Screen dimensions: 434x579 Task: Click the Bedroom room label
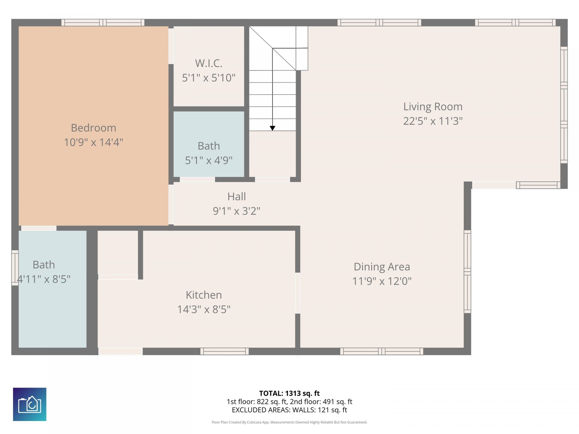pyautogui.click(x=93, y=128)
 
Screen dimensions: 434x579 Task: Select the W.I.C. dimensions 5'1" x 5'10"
pyautogui.click(x=209, y=78)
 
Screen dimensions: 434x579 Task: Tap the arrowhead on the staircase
pyautogui.click(x=272, y=128)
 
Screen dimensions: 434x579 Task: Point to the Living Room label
pyautogui.click(x=433, y=107)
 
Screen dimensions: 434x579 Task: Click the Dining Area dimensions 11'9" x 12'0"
pyautogui.click(x=382, y=281)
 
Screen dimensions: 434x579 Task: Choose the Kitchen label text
pyautogui.click(x=204, y=295)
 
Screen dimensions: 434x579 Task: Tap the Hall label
pyautogui.click(x=236, y=197)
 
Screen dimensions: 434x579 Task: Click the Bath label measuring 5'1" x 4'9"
pyautogui.click(x=209, y=146)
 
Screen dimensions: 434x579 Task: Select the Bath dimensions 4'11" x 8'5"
pyautogui.click(x=44, y=279)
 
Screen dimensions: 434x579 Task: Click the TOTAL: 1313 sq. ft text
pyautogui.click(x=289, y=393)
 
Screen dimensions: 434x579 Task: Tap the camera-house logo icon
pyautogui.click(x=30, y=404)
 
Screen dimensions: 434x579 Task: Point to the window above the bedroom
pyautogui.click(x=103, y=23)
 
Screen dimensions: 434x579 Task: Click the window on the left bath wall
pyautogui.click(x=15, y=268)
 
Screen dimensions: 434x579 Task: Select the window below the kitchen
pyautogui.click(x=224, y=351)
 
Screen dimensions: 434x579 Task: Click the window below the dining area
pyautogui.click(x=381, y=351)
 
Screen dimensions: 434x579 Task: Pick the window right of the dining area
pyautogui.click(x=467, y=271)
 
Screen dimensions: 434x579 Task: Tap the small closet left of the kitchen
pyautogui.click(x=118, y=253)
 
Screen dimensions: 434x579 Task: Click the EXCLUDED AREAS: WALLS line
pyautogui.click(x=289, y=410)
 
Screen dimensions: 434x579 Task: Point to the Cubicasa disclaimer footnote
pyautogui.click(x=289, y=422)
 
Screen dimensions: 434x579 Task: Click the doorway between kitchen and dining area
pyautogui.click(x=298, y=293)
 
